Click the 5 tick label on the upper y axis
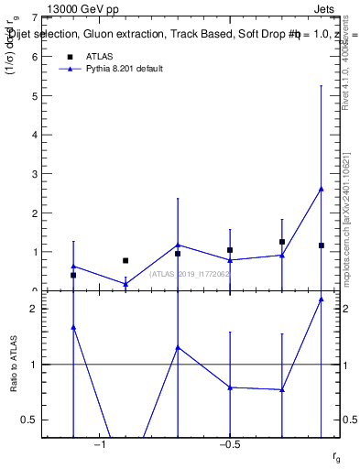pos(34,95)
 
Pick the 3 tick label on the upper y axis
pos(34,174)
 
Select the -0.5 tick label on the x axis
pos(229,445)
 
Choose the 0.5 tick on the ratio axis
pos(31,420)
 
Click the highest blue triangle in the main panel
pos(322,189)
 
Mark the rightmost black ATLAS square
pos(322,245)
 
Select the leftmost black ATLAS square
pos(73,275)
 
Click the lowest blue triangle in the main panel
pos(125,284)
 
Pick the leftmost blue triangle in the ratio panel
pos(73,327)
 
